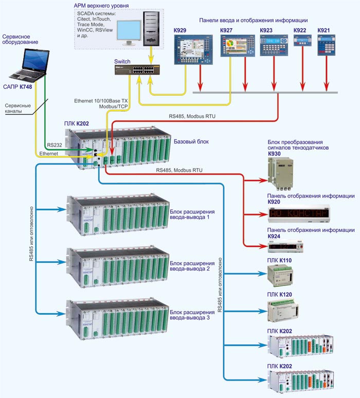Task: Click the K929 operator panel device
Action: pyautogui.click(x=193, y=49)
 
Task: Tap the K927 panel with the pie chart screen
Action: pyautogui.click(x=238, y=46)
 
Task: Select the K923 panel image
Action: pyautogui.click(x=274, y=45)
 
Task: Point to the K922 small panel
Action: pyautogui.click(x=302, y=40)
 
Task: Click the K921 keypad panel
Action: pyautogui.click(x=326, y=45)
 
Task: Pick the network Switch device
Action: pyautogui.click(x=137, y=69)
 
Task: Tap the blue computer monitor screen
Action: pyautogui.click(x=129, y=30)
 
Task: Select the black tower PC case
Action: pyautogui.click(x=151, y=29)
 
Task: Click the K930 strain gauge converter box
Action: pyautogui.click(x=280, y=173)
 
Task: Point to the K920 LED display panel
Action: pyautogui.click(x=299, y=214)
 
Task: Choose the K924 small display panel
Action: pyautogui.click(x=285, y=246)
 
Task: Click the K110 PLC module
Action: pyautogui.click(x=280, y=276)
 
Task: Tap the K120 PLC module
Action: pyautogui.click(x=283, y=311)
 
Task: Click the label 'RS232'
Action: pyautogui.click(x=55, y=145)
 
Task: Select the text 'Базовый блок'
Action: pyautogui.click(x=191, y=141)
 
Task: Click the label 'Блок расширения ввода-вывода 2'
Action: pyautogui.click(x=192, y=266)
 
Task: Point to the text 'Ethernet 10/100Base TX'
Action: pyautogui.click(x=101, y=101)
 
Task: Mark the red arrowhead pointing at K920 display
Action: pyautogui.click(x=263, y=214)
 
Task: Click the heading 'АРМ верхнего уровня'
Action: pyautogui.click(x=101, y=6)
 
